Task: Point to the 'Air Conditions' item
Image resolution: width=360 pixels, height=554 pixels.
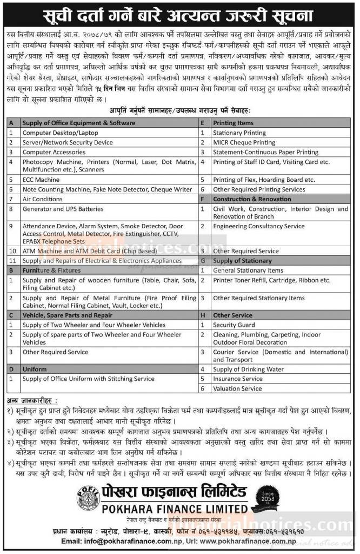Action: click(x=43, y=199)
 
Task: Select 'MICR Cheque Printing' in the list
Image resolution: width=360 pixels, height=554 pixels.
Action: click(x=244, y=142)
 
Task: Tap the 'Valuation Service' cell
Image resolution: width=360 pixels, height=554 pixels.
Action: click(x=237, y=388)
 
